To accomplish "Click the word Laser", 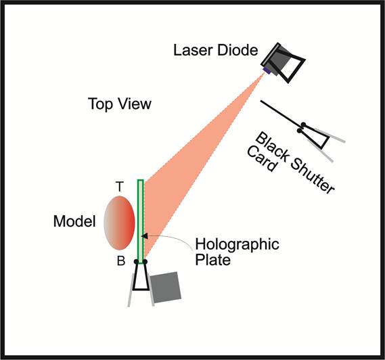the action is (193, 50).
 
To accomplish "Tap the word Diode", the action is (237, 50).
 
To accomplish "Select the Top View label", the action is (120, 104).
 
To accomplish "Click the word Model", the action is (74, 221).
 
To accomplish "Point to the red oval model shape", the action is (120, 223).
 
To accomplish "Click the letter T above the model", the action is (120, 187).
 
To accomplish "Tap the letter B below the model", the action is (121, 261).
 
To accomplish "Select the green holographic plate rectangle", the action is (141, 221).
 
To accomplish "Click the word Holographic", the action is (237, 244).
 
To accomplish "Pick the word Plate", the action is (213, 260).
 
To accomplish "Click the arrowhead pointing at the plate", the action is (145, 235).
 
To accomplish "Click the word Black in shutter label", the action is (273, 147).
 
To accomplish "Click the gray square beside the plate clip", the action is (166, 288).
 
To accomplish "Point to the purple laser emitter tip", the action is (267, 71).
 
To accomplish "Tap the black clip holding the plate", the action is (141, 275).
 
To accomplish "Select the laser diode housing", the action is (283, 63).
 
